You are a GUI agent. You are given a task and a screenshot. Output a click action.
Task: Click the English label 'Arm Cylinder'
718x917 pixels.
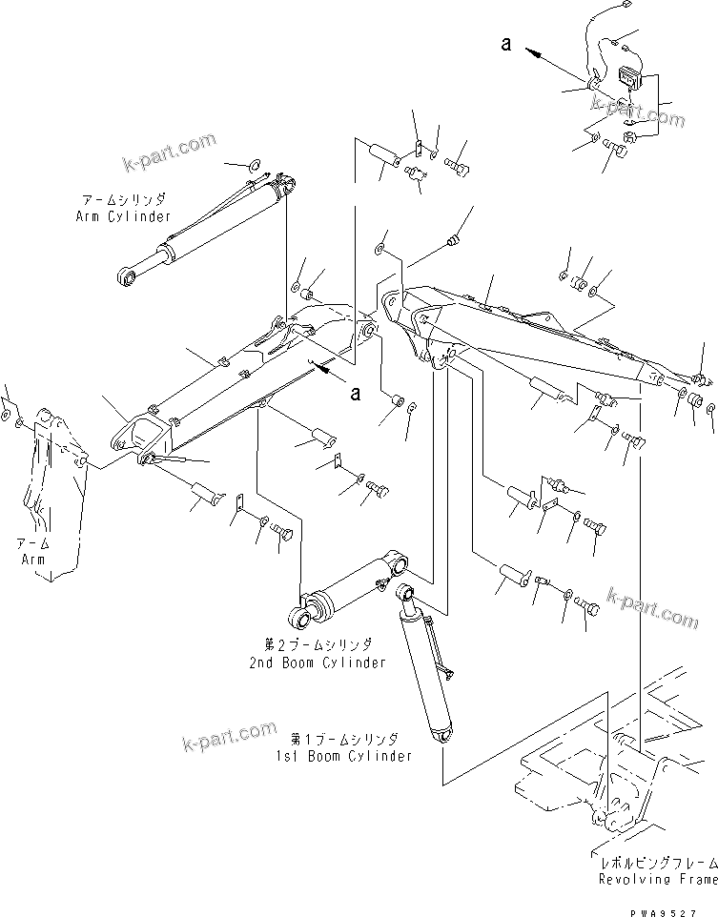(123, 216)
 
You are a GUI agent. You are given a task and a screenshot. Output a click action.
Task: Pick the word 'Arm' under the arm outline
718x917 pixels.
(32, 559)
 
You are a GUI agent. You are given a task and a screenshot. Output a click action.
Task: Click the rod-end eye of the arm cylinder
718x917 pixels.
(125, 277)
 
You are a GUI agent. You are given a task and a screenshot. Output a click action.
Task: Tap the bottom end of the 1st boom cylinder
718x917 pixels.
(441, 737)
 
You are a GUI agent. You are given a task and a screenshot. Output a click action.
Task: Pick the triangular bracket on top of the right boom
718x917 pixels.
(541, 320)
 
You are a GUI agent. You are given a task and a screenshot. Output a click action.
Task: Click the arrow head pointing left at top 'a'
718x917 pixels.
(531, 52)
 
